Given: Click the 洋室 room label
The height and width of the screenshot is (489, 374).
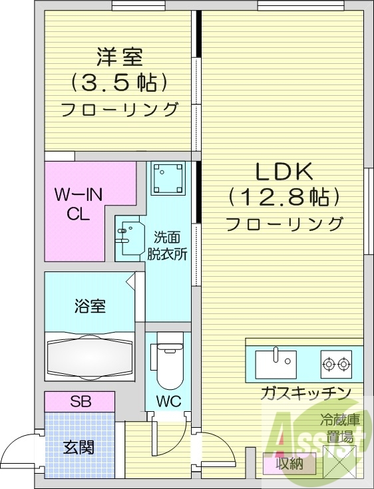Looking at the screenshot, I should point(119,57).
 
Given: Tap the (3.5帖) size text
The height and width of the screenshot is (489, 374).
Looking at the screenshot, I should point(119,82).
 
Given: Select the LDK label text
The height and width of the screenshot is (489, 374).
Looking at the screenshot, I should point(284,172).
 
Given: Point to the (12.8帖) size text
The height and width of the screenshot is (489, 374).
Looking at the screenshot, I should point(284,198).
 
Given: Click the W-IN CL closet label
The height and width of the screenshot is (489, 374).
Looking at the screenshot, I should point(77,204).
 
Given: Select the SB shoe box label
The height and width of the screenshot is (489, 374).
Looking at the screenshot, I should point(81,401).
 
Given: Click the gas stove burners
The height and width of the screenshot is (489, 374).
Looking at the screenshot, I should point(335,363).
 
